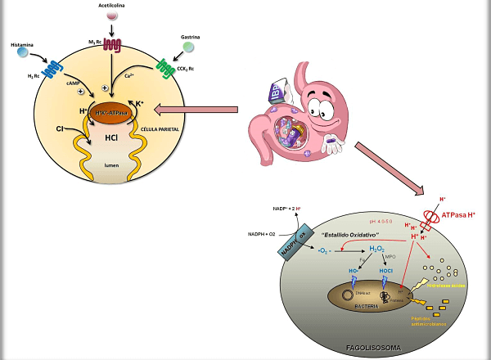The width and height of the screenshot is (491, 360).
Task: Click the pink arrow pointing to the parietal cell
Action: (200, 108)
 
